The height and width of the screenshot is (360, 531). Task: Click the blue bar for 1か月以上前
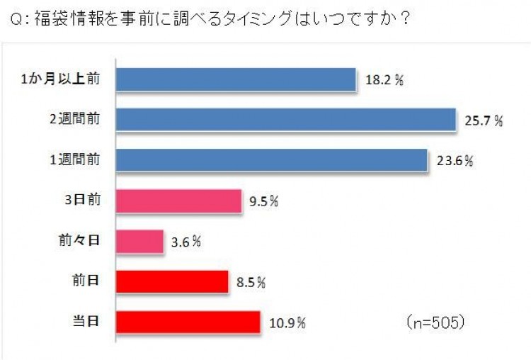[235, 80]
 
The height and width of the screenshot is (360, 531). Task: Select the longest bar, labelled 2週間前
[285, 120]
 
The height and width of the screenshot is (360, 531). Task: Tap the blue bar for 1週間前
[271, 160]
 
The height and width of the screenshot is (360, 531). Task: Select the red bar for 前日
[171, 281]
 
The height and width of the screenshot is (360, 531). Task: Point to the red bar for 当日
[187, 321]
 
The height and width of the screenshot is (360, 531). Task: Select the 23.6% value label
[454, 161]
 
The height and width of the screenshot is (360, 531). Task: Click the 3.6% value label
[186, 242]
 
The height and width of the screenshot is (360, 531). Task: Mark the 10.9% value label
[286, 322]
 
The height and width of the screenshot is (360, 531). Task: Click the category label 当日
[88, 320]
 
